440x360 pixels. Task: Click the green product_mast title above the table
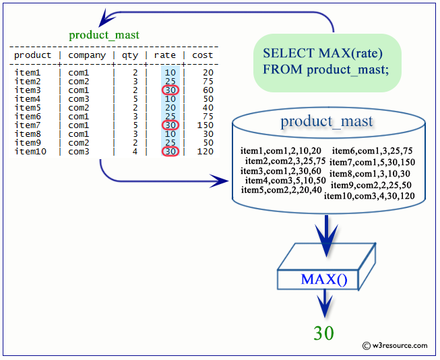(x=104, y=35)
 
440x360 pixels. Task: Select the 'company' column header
(x=87, y=55)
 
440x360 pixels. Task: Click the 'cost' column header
(x=202, y=55)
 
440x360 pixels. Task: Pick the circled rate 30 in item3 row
(x=170, y=90)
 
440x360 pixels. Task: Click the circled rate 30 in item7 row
(x=170, y=125)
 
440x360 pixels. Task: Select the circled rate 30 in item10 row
(x=170, y=152)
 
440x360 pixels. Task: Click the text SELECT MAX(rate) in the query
(x=323, y=53)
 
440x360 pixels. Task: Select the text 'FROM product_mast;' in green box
(x=326, y=69)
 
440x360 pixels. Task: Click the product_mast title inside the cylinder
(x=327, y=122)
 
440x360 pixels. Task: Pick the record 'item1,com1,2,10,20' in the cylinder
(x=281, y=150)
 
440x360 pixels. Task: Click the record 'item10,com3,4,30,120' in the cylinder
(x=369, y=196)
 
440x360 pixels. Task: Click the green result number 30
(x=324, y=332)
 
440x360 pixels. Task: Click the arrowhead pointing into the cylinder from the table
(x=220, y=181)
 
